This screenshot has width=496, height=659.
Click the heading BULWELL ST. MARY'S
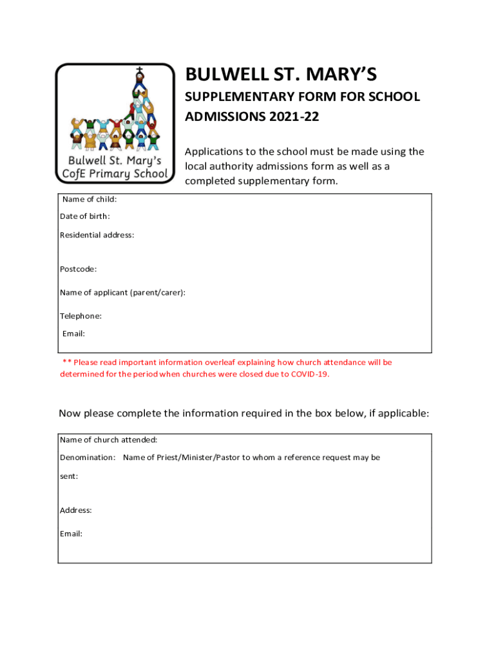tap(280, 76)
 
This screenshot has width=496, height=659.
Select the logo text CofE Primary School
tap(115, 174)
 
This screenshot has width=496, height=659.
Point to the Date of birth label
tap(85, 216)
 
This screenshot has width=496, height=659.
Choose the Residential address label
tap(97, 235)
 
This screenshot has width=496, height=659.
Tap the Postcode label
tap(79, 269)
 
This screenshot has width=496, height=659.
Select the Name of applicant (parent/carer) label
tap(123, 293)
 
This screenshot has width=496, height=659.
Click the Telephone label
tap(81, 316)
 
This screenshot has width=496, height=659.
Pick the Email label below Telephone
tap(73, 333)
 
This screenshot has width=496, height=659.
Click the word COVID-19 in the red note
tap(309, 374)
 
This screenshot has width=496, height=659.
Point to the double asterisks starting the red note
tap(66, 363)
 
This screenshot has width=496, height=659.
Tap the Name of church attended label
tap(109, 440)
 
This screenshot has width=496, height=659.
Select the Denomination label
tap(88, 458)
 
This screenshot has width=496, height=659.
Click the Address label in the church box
tap(76, 510)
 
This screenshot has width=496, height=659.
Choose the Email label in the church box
tap(71, 534)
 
